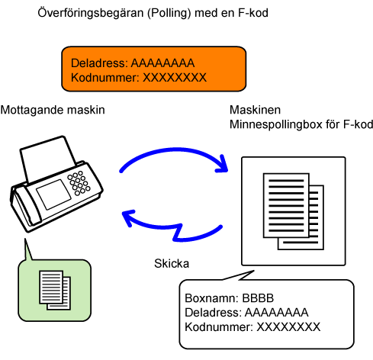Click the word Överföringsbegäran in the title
[91, 13]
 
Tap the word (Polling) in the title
[169, 13]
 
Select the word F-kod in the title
[253, 13]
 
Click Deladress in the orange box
[99, 63]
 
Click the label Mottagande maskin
[53, 110]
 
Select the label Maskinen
[255, 110]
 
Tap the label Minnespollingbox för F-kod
[301, 124]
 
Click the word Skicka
[172, 263]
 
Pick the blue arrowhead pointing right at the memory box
[222, 164]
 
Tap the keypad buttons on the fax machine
[79, 183]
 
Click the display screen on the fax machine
[53, 194]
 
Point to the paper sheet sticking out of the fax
[48, 159]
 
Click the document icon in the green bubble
[55, 290]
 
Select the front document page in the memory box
[286, 205]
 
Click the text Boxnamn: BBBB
[230, 298]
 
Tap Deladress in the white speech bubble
[213, 313]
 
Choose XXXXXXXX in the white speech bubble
[288, 327]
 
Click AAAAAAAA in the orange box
[162, 63]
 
